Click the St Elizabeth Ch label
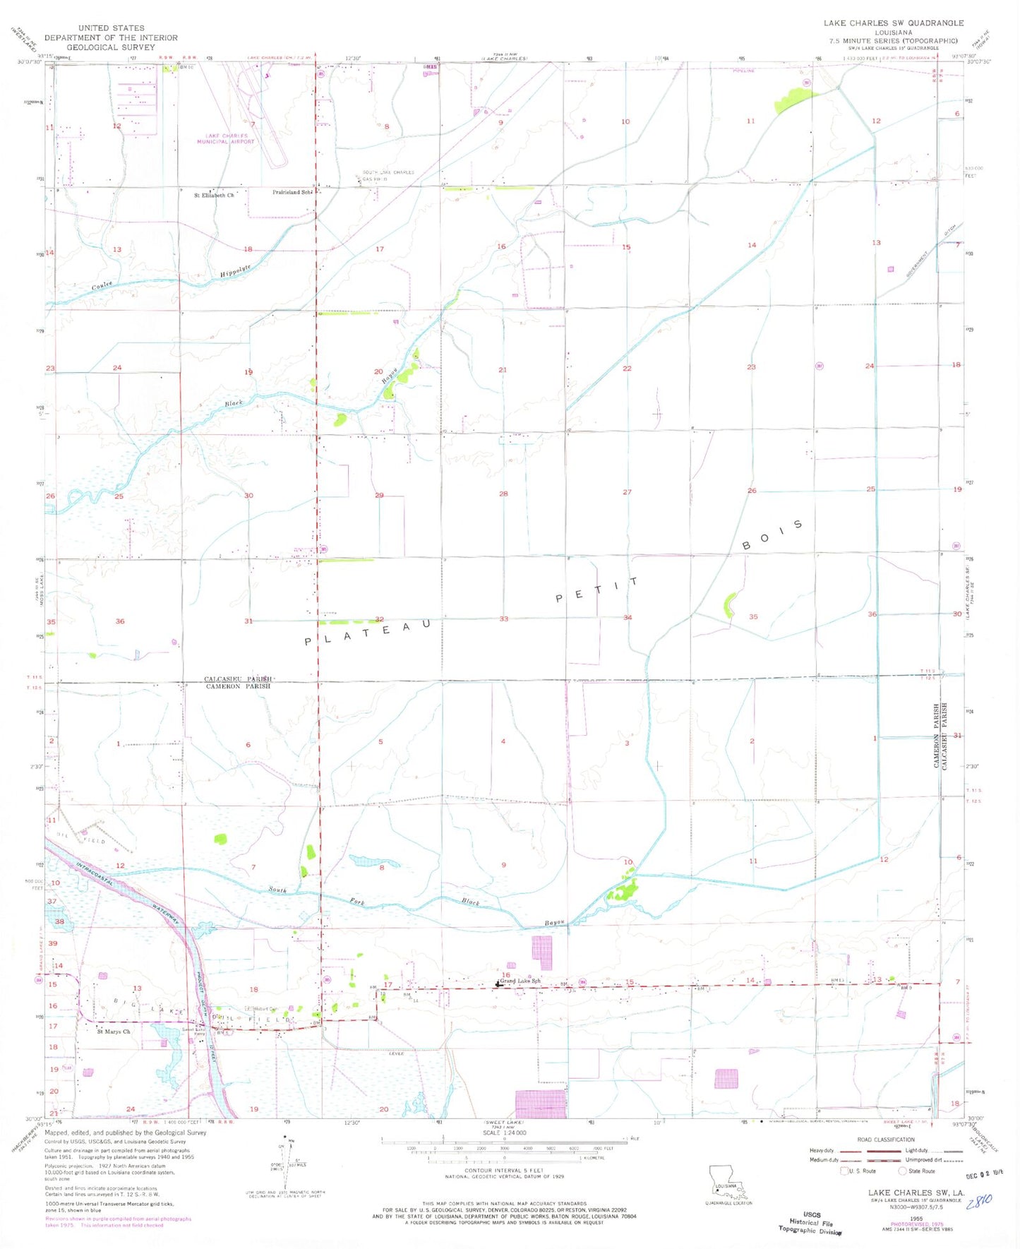(214, 195)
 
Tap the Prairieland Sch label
(293, 192)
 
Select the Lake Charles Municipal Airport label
(226, 138)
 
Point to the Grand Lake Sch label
(521, 981)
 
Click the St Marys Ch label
(114, 1032)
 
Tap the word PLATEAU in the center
(368, 633)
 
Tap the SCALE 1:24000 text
(504, 1133)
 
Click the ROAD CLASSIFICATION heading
(885, 1140)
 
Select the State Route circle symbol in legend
(902, 1171)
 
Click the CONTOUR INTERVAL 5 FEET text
(504, 1170)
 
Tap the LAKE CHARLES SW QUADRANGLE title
(893, 23)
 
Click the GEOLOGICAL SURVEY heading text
(110, 47)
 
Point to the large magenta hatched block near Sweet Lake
(541, 1105)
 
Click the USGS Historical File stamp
(811, 1224)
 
